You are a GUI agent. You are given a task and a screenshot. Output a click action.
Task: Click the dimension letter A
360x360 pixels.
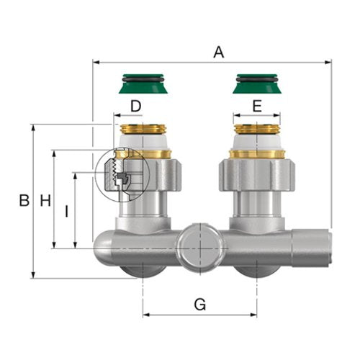[x=219, y=53]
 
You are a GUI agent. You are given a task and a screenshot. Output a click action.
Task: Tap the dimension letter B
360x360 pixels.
[x=24, y=200]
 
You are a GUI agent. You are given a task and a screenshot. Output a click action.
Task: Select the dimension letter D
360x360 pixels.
[x=136, y=106]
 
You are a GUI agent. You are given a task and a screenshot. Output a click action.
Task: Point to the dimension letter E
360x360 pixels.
[x=257, y=106]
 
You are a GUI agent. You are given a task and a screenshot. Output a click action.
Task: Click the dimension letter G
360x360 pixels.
[x=200, y=305]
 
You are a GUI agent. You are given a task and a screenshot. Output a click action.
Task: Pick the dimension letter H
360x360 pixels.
[x=45, y=200]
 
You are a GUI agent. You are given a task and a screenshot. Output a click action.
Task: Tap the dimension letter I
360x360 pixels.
[x=67, y=211]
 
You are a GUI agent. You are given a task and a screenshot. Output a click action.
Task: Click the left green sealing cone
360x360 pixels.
[x=143, y=84]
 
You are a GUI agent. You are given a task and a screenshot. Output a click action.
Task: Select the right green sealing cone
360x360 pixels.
[x=257, y=84]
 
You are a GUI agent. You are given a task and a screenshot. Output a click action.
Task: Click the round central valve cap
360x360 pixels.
[x=200, y=248]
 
